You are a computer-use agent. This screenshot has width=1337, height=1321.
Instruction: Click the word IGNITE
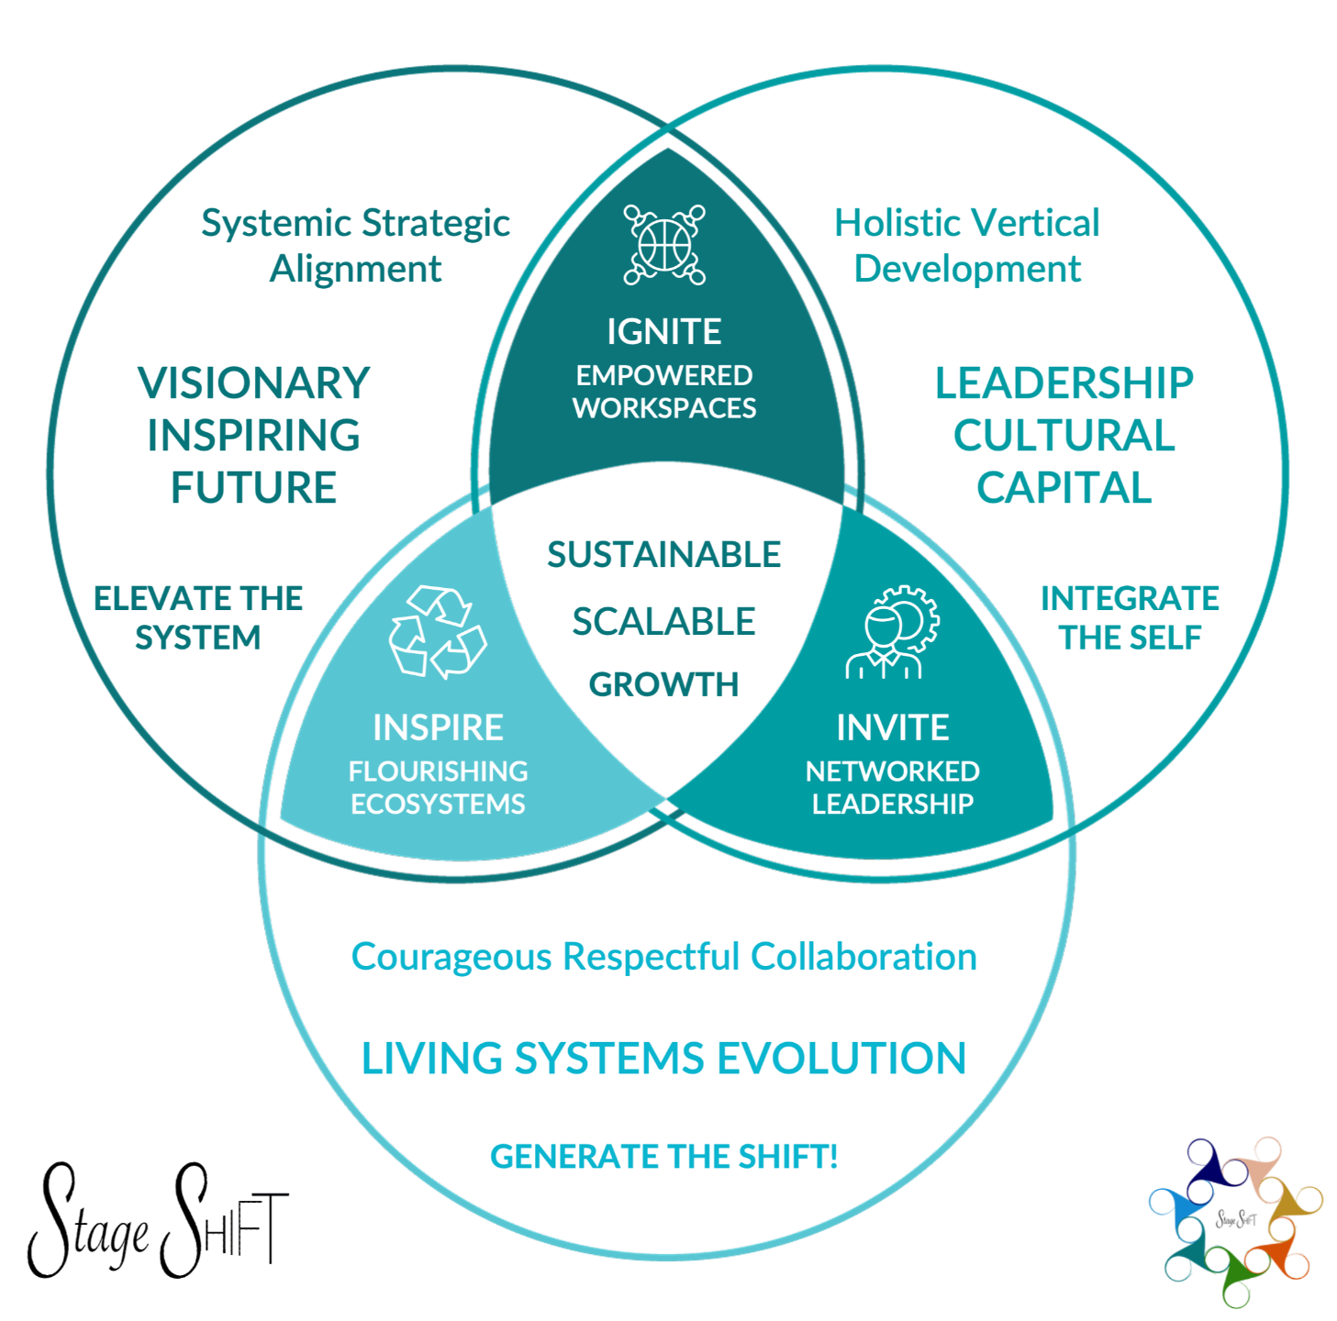pos(663,332)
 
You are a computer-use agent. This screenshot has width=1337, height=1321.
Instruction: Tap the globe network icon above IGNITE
pos(664,245)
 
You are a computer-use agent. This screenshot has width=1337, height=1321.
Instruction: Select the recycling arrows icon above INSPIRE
pos(438,632)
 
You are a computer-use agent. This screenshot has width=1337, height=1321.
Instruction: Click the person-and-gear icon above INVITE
pos(891,632)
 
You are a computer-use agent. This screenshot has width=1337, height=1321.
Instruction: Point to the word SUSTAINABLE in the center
pos(663,555)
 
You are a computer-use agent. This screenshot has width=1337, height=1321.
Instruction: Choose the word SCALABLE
pos(663,622)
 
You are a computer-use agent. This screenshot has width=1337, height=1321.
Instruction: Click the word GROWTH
pos(663,684)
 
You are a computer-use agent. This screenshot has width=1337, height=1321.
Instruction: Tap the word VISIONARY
pos(254,383)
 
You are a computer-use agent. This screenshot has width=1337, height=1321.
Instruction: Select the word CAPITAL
pos(1064,488)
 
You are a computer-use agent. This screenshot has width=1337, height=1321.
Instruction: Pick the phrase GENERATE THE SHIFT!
pos(663,1157)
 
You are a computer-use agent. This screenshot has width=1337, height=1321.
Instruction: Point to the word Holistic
pos(897,223)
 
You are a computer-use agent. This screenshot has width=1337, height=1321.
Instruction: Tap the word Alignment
pos(355,269)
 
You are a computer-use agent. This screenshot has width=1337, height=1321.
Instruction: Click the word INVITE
pos(892,727)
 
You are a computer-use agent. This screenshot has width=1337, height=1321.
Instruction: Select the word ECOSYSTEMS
pos(438,805)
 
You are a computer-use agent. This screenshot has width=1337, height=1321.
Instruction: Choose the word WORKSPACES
pos(664,408)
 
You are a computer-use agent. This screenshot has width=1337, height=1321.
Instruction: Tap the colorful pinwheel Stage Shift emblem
pos(1235,1220)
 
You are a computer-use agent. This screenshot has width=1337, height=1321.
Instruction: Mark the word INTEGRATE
pos(1130,599)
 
